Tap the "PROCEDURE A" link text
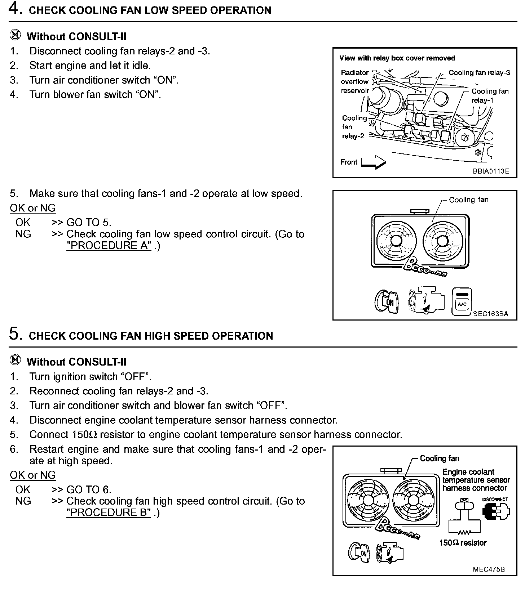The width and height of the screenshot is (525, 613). pos(109,246)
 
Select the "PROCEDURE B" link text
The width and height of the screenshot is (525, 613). pos(109,513)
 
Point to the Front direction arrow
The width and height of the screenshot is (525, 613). pos(373,162)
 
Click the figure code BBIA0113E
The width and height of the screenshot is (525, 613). pos(491,171)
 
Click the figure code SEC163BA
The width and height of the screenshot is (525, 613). pos(490,314)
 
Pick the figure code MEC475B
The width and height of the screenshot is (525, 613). pos(489,569)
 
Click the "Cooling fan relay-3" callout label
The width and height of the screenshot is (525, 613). pos(479,73)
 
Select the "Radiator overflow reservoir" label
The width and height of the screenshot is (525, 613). pos(355,82)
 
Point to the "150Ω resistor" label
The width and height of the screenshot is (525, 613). pos(463,543)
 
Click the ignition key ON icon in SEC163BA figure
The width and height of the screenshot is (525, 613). pos(386,301)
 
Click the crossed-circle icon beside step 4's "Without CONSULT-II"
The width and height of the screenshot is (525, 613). pos(15,35)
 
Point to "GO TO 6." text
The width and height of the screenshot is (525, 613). pos(89,490)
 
